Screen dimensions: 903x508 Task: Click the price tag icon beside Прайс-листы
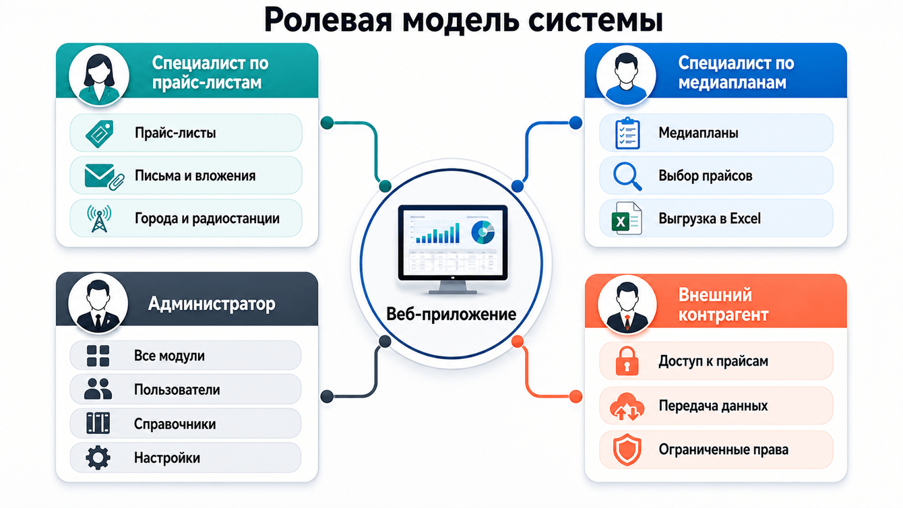point(100,133)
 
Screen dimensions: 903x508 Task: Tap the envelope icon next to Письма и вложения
point(104,177)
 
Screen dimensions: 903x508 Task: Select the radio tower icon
point(99,218)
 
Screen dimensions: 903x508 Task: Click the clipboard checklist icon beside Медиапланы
point(627,133)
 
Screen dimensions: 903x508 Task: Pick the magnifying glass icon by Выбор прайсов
point(627,177)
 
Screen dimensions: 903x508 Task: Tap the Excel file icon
point(627,218)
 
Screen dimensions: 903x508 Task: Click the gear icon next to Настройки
point(98,457)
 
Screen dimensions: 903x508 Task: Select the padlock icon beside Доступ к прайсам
point(627,361)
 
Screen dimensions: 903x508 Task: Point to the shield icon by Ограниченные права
point(627,450)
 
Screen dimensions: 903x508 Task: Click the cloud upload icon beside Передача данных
point(627,406)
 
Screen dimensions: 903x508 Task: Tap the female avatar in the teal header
point(99,76)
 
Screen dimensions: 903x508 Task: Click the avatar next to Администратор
point(98,303)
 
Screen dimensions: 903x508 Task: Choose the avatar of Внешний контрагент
point(627,305)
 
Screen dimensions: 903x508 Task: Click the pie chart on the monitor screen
point(482,232)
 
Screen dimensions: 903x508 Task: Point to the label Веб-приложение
point(451,314)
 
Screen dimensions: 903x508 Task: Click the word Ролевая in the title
point(328,20)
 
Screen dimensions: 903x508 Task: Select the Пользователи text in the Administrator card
point(177,390)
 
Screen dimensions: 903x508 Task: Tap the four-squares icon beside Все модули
point(98,356)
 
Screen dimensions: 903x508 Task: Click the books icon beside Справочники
point(98,423)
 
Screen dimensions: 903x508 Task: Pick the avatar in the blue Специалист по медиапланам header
point(626,76)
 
